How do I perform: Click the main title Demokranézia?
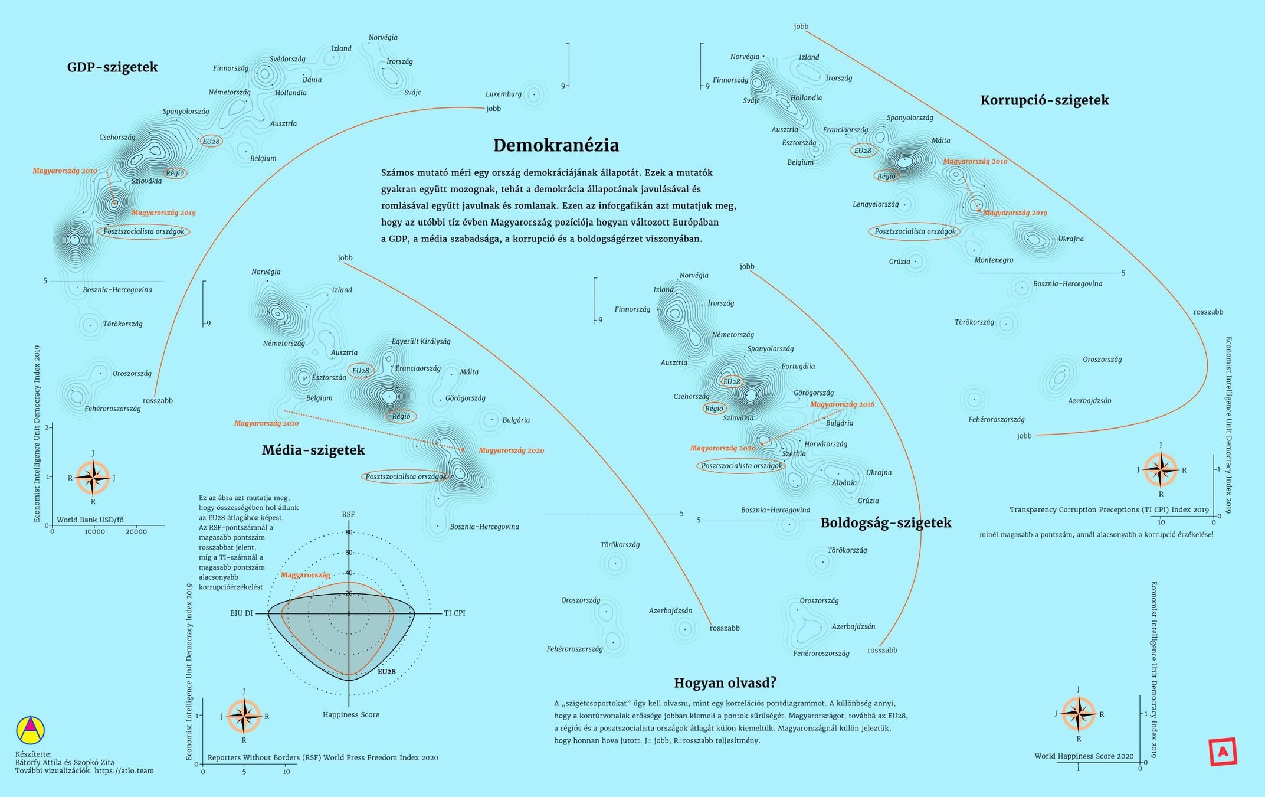(556, 145)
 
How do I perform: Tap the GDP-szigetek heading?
(112, 67)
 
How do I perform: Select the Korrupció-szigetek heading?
(1044, 100)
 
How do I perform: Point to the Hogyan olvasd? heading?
(725, 683)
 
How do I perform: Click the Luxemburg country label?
(503, 94)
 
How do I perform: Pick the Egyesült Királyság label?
(421, 341)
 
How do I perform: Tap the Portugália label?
(798, 366)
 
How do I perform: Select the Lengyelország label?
(876, 204)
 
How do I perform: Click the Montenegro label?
(994, 260)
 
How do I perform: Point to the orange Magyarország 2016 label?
(842, 404)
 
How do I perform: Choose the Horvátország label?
(825, 444)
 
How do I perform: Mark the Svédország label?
(287, 59)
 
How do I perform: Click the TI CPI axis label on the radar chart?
(454, 613)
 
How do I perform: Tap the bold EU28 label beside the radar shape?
(386, 671)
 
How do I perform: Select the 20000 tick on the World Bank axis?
(136, 531)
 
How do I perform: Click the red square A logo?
(1223, 752)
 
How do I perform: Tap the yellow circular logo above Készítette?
(30, 730)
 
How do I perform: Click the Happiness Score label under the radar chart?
(350, 714)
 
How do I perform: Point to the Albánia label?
(844, 483)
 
